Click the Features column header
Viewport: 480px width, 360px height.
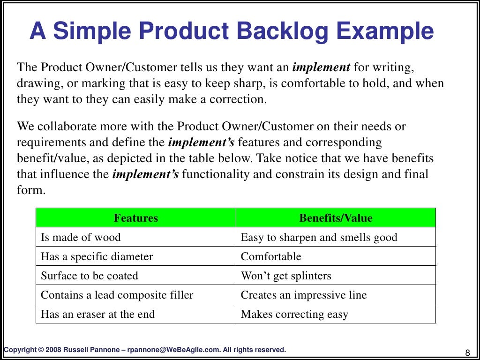point(136,218)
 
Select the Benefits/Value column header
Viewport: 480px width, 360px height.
point(336,218)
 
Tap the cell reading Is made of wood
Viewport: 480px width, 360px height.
point(81,237)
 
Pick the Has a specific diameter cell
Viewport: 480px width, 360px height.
point(97,256)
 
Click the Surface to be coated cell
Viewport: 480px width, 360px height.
point(90,276)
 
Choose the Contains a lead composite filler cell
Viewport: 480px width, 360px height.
point(117,295)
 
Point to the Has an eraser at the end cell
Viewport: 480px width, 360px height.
point(97,314)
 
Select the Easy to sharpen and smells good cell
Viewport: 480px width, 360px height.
point(319,237)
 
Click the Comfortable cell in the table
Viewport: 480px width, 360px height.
point(271,256)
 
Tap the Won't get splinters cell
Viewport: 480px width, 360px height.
point(286,276)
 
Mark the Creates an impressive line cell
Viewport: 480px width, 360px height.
point(304,295)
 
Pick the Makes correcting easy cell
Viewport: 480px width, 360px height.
point(294,314)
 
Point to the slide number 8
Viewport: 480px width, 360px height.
point(467,352)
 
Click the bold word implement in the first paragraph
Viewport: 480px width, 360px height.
point(321,67)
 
